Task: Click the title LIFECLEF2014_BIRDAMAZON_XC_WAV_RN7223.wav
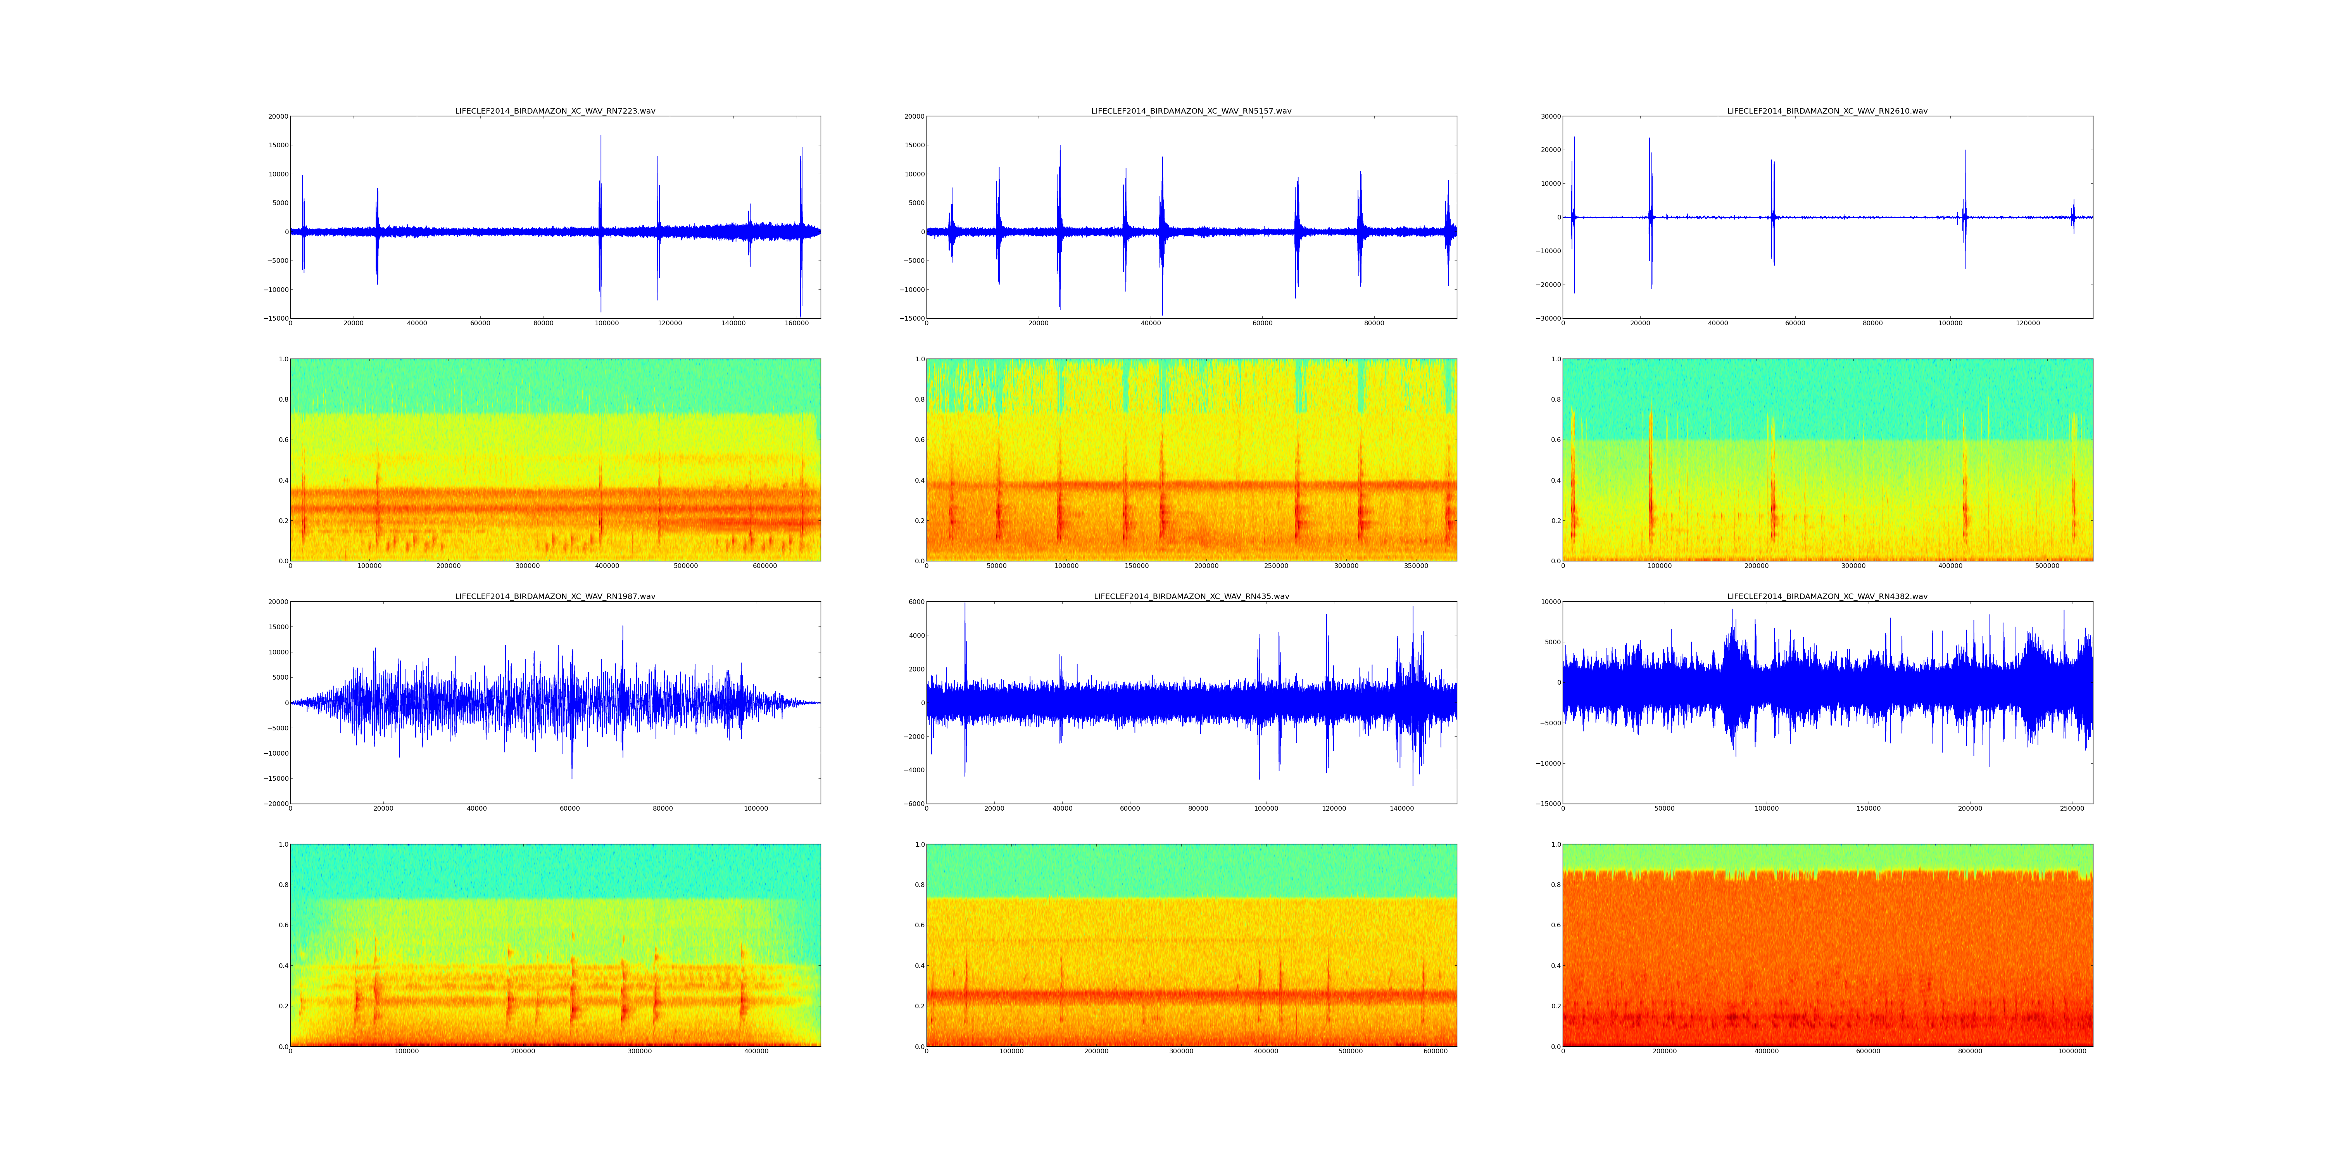tap(554, 111)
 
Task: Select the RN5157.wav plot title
tap(1191, 111)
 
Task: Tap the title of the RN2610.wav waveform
tap(1827, 111)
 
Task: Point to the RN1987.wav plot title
tap(554, 597)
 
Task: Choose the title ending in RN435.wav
tap(1191, 597)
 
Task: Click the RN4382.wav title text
tap(1827, 597)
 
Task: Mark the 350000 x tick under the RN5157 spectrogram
tap(1416, 566)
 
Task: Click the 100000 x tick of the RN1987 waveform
tap(756, 809)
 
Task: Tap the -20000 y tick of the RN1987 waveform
tap(274, 804)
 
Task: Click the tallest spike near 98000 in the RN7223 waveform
tap(600, 137)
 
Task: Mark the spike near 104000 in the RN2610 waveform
tap(1966, 152)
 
